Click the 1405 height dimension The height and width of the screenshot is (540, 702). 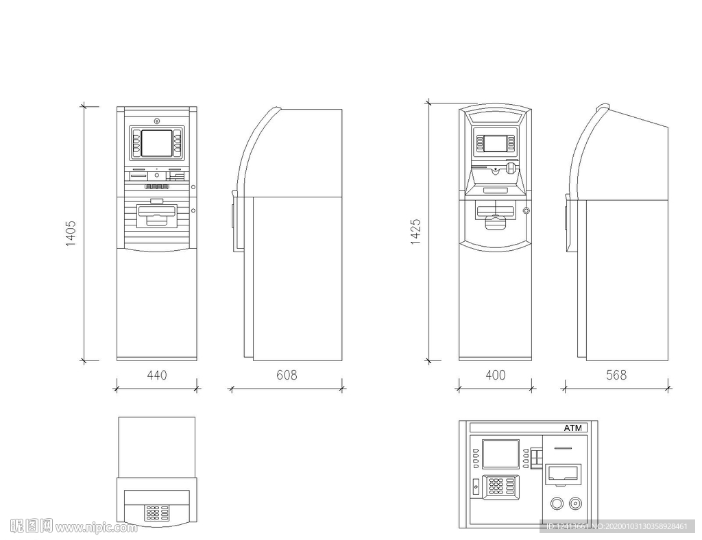(x=71, y=234)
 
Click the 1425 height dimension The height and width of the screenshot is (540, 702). (x=415, y=232)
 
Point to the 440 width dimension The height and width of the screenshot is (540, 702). (x=156, y=375)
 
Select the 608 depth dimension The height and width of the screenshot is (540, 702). (x=287, y=375)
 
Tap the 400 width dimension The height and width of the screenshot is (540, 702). (x=495, y=375)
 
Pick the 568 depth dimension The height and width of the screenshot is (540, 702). (x=616, y=375)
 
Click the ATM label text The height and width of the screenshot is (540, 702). (x=572, y=428)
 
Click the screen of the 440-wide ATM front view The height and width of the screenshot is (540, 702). (x=157, y=143)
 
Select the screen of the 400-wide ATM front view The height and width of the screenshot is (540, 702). (x=496, y=143)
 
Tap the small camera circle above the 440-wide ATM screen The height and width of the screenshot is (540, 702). (x=157, y=121)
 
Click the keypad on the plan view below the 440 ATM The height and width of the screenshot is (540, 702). (x=157, y=512)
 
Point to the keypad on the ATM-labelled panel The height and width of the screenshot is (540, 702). (x=500, y=486)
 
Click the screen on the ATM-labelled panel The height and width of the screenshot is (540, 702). (x=500, y=454)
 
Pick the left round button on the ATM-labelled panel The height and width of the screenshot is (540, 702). (x=557, y=504)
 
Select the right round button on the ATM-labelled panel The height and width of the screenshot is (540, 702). (x=575, y=504)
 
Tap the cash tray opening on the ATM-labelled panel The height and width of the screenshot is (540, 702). (x=563, y=473)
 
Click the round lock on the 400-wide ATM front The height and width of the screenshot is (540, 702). (x=526, y=210)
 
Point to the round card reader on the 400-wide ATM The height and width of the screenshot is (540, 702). (x=511, y=166)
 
